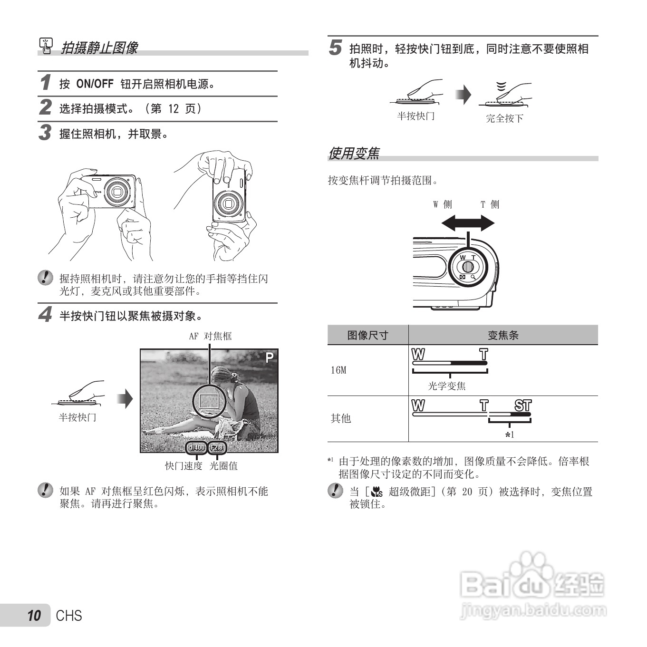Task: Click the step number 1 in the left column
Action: click(x=45, y=83)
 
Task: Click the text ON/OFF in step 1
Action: click(x=95, y=84)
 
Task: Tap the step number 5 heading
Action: click(x=336, y=48)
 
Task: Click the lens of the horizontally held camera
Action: click(x=116, y=192)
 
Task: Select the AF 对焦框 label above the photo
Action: click(x=210, y=336)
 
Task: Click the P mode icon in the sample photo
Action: click(x=269, y=357)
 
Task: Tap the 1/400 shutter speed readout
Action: click(x=196, y=447)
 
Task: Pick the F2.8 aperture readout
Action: click(x=217, y=447)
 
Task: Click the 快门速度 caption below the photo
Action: click(x=183, y=466)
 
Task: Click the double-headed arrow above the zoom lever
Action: click(x=468, y=222)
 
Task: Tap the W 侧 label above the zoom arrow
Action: click(x=443, y=204)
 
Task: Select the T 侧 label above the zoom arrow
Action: click(x=490, y=204)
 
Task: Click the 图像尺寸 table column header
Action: click(x=367, y=335)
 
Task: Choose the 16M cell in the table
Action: click(x=338, y=370)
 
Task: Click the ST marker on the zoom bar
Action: click(x=523, y=406)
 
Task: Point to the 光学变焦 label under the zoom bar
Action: click(x=447, y=386)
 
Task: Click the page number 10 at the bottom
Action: click(x=34, y=616)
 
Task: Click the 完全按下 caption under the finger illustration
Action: click(x=504, y=118)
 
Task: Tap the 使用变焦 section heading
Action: click(x=354, y=154)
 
